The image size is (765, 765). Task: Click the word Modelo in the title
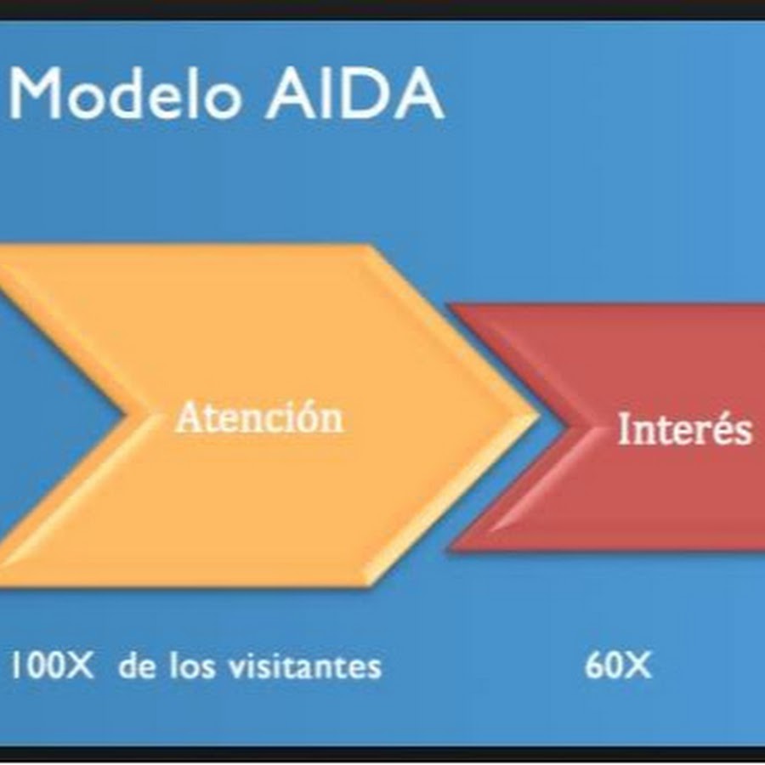(x=126, y=93)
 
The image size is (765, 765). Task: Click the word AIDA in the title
(x=354, y=94)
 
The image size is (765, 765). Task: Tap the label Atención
(x=259, y=417)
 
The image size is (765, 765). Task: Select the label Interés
(x=684, y=428)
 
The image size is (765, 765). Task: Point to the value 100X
(x=52, y=665)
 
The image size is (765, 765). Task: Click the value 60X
(x=618, y=665)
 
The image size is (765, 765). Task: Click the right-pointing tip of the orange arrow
(x=538, y=415)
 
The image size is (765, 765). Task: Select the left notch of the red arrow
(x=569, y=428)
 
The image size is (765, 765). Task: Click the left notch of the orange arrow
(x=127, y=415)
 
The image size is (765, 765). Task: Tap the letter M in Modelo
(x=36, y=94)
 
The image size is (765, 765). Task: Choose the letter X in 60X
(x=637, y=665)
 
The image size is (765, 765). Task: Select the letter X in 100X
(x=79, y=665)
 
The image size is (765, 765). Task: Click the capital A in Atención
(x=187, y=417)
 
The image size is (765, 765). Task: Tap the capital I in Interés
(x=625, y=428)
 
